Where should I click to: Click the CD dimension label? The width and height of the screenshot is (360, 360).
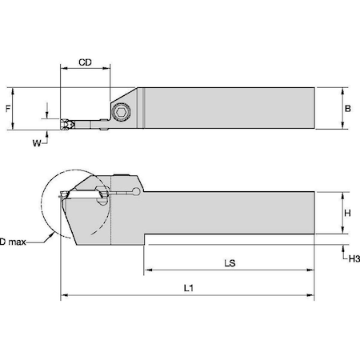click(x=84, y=62)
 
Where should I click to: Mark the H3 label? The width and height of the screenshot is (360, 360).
click(x=350, y=258)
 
